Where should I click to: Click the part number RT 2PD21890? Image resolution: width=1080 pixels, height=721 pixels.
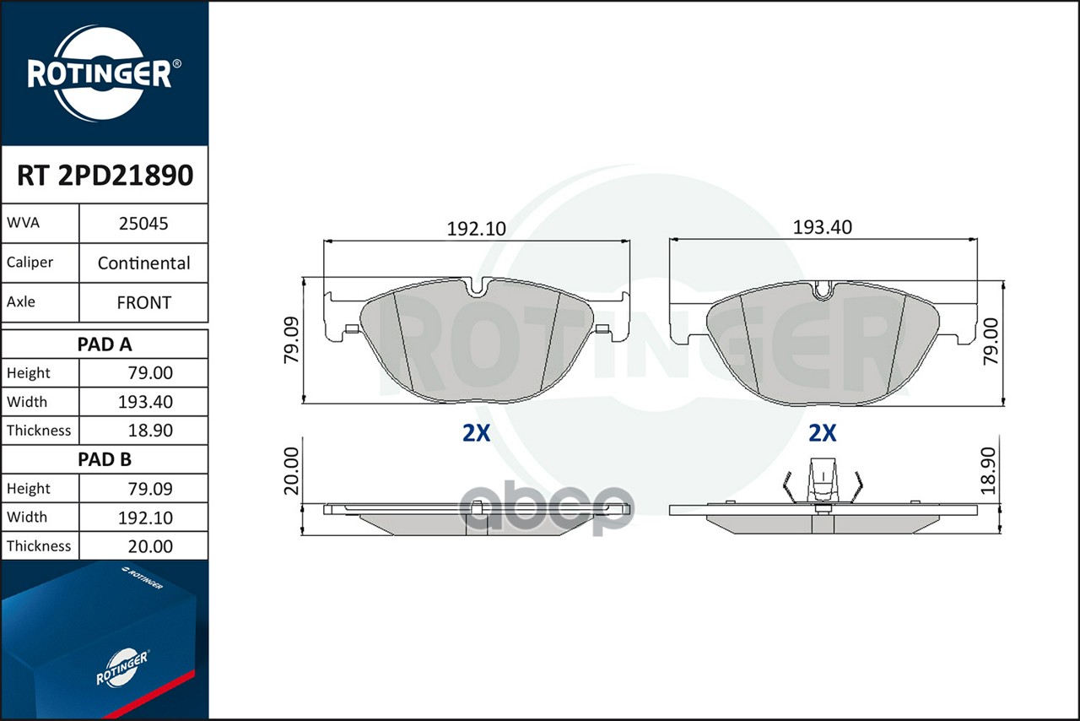tap(105, 175)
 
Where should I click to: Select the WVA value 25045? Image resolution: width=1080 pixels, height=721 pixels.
tap(143, 224)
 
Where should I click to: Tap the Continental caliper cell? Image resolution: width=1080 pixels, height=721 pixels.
tap(143, 263)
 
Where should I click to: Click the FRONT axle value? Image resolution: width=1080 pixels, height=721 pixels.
tap(143, 302)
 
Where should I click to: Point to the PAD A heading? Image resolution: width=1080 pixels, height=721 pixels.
tap(105, 344)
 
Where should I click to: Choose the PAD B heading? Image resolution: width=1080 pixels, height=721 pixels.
tap(105, 459)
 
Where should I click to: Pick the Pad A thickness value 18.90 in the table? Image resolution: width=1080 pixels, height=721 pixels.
tap(150, 431)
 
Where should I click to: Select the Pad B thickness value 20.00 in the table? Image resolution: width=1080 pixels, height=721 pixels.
tap(150, 546)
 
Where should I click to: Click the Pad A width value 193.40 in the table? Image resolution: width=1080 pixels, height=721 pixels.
tap(145, 402)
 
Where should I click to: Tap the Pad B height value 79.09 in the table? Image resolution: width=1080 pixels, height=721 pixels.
tap(150, 489)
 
